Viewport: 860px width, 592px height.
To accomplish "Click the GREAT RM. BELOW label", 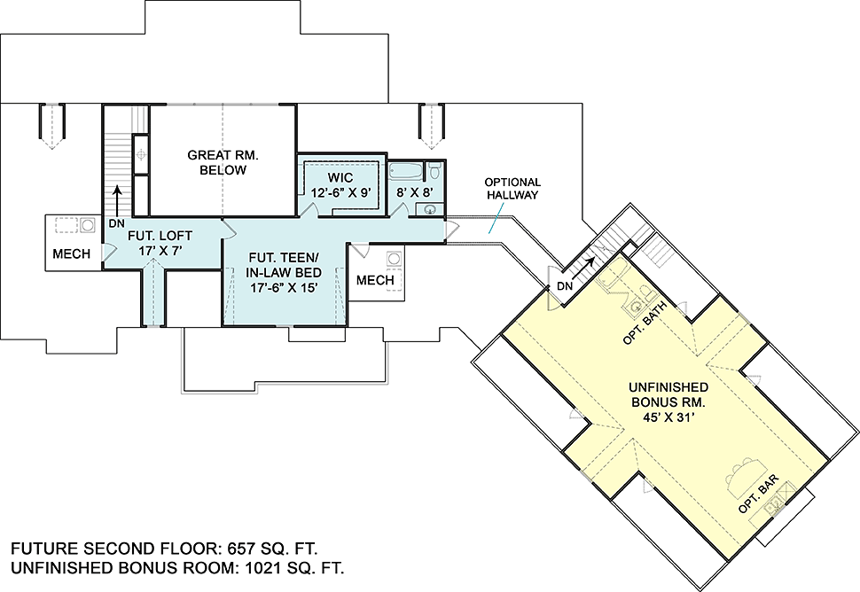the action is coord(223,162).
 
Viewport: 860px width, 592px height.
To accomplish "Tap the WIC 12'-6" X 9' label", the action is coord(340,184).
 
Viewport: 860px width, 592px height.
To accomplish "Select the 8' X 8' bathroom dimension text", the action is coord(415,192).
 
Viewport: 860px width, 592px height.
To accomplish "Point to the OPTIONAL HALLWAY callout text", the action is coord(512,188).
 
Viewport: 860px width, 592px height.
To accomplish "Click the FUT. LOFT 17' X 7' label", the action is coord(160,243).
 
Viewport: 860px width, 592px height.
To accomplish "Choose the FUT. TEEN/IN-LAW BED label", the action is coord(285,272).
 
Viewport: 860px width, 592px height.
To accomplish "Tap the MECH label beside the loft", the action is coord(71,253).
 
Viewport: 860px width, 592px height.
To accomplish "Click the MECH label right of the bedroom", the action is coord(375,280).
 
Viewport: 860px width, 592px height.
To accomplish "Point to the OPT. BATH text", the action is coord(645,323).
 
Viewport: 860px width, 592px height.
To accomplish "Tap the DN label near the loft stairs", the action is coord(116,223).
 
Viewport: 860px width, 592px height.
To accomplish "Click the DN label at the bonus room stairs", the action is coord(565,285).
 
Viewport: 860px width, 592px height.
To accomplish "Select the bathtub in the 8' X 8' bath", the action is coord(406,171).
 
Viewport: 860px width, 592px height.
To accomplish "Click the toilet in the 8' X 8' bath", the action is coord(434,170).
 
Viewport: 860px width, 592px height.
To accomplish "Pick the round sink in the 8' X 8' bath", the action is coord(429,209).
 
